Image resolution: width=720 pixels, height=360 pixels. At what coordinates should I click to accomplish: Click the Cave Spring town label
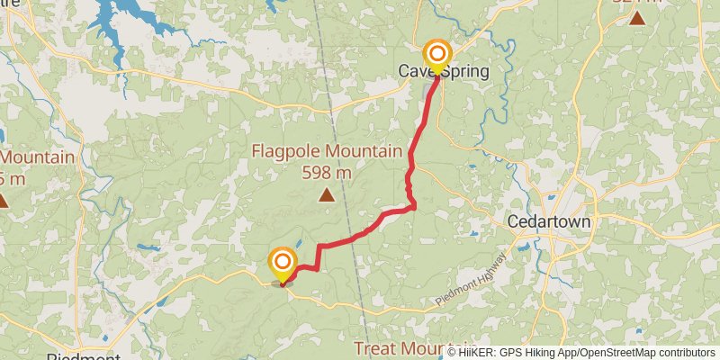pyautogui.click(x=445, y=71)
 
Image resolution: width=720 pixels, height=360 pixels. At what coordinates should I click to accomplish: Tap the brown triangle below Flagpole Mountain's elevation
pyautogui.click(x=327, y=194)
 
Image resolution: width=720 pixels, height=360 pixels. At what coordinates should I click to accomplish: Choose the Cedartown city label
pyautogui.click(x=548, y=221)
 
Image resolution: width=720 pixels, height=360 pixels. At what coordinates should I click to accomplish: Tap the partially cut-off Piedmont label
pyautogui.click(x=83, y=356)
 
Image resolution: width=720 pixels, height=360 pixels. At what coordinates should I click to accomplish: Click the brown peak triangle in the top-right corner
pyautogui.click(x=637, y=18)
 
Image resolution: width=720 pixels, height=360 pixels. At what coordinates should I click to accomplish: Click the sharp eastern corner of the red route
pyautogui.click(x=414, y=207)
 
